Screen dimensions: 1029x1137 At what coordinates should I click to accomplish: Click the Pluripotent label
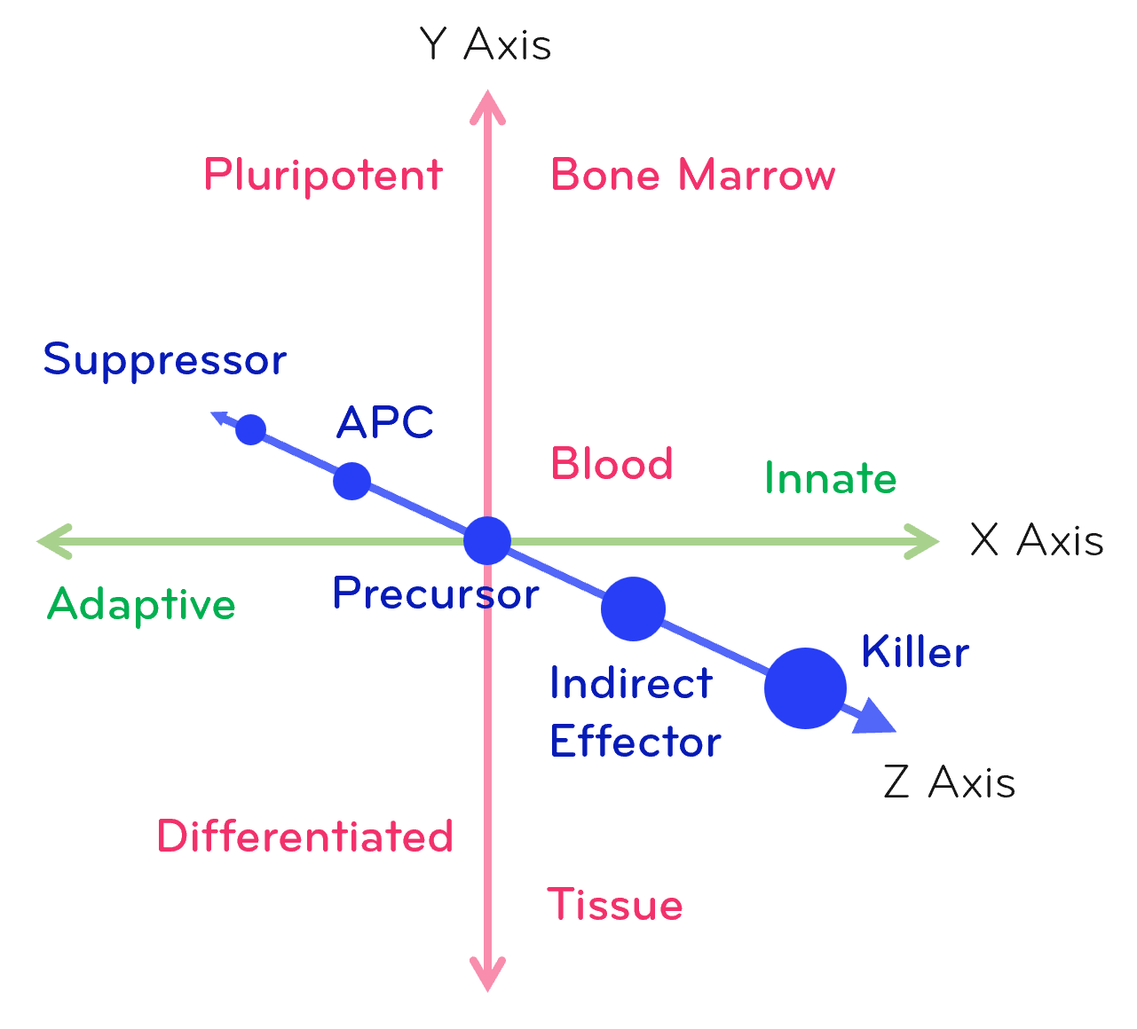click(x=323, y=176)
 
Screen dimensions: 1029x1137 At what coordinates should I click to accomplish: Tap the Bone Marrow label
click(x=692, y=176)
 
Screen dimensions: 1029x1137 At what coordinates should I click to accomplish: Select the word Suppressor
click(x=165, y=360)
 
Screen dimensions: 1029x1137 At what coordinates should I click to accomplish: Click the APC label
click(x=385, y=422)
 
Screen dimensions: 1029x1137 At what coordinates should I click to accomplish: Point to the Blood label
click(x=612, y=464)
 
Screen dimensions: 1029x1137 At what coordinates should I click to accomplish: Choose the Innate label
click(x=830, y=479)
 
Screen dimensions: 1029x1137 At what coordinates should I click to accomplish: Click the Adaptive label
click(x=141, y=605)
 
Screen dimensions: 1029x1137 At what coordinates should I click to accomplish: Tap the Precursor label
click(x=435, y=593)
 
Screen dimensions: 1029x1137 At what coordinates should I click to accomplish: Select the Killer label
click(x=914, y=652)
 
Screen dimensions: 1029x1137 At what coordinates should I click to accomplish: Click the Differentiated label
click(x=305, y=837)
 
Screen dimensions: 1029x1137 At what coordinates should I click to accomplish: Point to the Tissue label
click(x=614, y=905)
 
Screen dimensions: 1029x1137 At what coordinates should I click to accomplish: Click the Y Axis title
click(x=486, y=44)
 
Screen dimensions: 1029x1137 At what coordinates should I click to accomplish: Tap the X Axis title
click(x=1036, y=539)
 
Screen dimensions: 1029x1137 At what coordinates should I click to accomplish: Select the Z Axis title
click(x=949, y=782)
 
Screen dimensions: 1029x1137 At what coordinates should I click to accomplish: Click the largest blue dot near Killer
click(x=805, y=688)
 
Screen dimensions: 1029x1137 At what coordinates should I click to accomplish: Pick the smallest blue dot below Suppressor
click(x=250, y=429)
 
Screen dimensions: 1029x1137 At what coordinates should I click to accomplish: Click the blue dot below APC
click(x=351, y=481)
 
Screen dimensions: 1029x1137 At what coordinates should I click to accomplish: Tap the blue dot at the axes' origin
click(x=487, y=540)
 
